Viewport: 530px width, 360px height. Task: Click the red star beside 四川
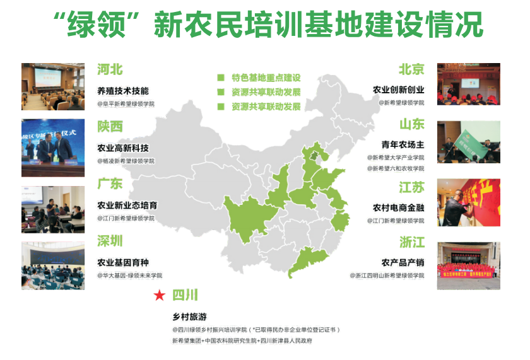pos(160,294)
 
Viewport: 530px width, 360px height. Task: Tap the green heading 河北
pos(110,69)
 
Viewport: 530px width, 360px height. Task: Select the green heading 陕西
pos(110,127)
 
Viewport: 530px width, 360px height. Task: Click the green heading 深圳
pos(110,241)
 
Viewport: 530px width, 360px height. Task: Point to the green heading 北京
pos(411,69)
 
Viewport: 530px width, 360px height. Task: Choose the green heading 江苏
pos(411,187)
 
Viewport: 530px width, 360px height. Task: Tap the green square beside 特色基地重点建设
pos(221,78)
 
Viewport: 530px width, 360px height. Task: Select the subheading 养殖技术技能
pos(123,90)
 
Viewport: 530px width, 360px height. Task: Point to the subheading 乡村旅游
pos(189,316)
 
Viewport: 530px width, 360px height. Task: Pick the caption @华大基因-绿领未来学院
pos(129,276)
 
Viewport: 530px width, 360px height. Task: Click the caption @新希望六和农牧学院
pos(396,168)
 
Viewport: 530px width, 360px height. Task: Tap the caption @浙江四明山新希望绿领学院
pos(387,276)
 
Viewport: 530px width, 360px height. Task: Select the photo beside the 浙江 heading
pos(469,265)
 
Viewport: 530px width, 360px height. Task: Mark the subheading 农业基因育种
pos(123,262)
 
